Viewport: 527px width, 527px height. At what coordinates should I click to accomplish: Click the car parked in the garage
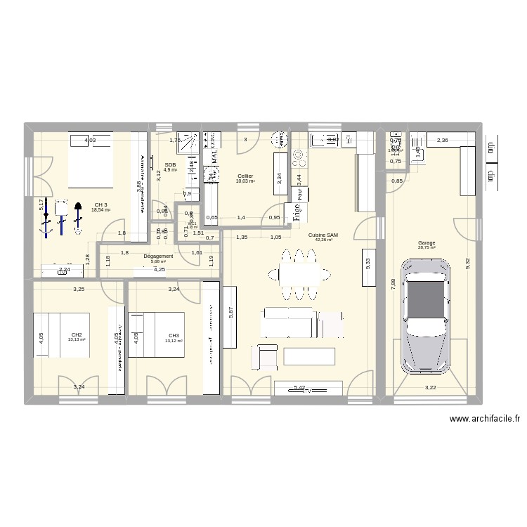point(427,314)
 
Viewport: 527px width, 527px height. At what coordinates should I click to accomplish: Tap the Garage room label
point(427,242)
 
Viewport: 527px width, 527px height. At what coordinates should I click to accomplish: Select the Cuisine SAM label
point(325,235)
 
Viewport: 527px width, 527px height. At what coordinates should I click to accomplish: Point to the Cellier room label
point(245,176)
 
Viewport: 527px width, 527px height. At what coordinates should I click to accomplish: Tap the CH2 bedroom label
point(77,334)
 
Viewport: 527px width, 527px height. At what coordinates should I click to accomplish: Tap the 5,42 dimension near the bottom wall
point(300,387)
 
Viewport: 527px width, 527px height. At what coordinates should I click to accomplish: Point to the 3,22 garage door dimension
point(430,387)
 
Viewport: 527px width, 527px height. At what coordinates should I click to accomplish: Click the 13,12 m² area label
point(174,341)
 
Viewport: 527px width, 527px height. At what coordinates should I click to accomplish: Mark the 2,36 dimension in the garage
point(443,141)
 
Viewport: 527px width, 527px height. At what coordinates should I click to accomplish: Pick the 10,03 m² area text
point(245,181)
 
